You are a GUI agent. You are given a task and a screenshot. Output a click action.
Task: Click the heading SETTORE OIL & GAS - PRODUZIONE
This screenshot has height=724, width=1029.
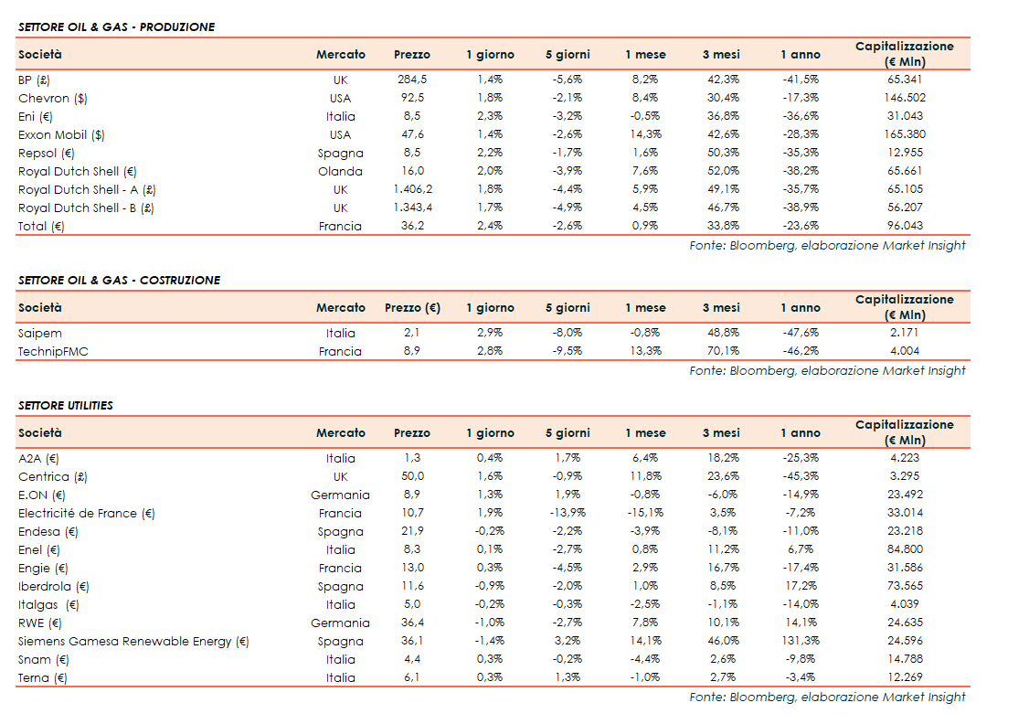tap(116, 27)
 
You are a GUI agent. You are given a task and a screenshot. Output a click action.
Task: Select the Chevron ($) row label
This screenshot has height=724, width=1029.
tap(53, 98)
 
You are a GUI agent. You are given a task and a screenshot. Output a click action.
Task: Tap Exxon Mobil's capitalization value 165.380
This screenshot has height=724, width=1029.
tap(904, 134)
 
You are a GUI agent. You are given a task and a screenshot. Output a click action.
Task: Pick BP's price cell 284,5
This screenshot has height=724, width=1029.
tap(412, 80)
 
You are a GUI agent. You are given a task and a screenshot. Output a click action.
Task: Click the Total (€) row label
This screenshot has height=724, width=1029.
tap(41, 226)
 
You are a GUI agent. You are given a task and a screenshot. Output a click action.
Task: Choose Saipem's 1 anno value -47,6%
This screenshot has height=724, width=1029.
tap(801, 333)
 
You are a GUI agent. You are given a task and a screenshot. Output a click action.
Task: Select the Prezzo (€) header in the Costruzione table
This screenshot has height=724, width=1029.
tap(412, 308)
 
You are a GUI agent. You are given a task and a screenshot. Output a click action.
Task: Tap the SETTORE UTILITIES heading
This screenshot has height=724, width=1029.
tap(66, 405)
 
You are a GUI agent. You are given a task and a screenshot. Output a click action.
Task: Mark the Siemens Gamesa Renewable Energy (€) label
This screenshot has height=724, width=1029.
tap(133, 641)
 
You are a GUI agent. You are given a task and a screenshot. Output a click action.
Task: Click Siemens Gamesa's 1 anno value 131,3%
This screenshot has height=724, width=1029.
tap(801, 641)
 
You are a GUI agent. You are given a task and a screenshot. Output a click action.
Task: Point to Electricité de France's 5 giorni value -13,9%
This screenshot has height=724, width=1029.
tap(568, 513)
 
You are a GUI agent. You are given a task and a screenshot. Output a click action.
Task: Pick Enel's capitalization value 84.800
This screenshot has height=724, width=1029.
tap(904, 549)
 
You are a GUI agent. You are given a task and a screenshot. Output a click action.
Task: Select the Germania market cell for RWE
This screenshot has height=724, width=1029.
tap(340, 623)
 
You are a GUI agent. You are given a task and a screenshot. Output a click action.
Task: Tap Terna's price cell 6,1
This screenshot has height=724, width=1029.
tap(412, 677)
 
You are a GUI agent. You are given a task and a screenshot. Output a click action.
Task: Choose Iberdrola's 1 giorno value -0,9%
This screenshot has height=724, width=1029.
tap(490, 586)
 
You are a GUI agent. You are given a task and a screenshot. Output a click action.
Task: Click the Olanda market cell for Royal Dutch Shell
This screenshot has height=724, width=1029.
tap(340, 171)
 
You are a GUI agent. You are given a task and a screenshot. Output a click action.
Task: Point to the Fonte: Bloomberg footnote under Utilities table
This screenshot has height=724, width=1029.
tap(827, 697)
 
